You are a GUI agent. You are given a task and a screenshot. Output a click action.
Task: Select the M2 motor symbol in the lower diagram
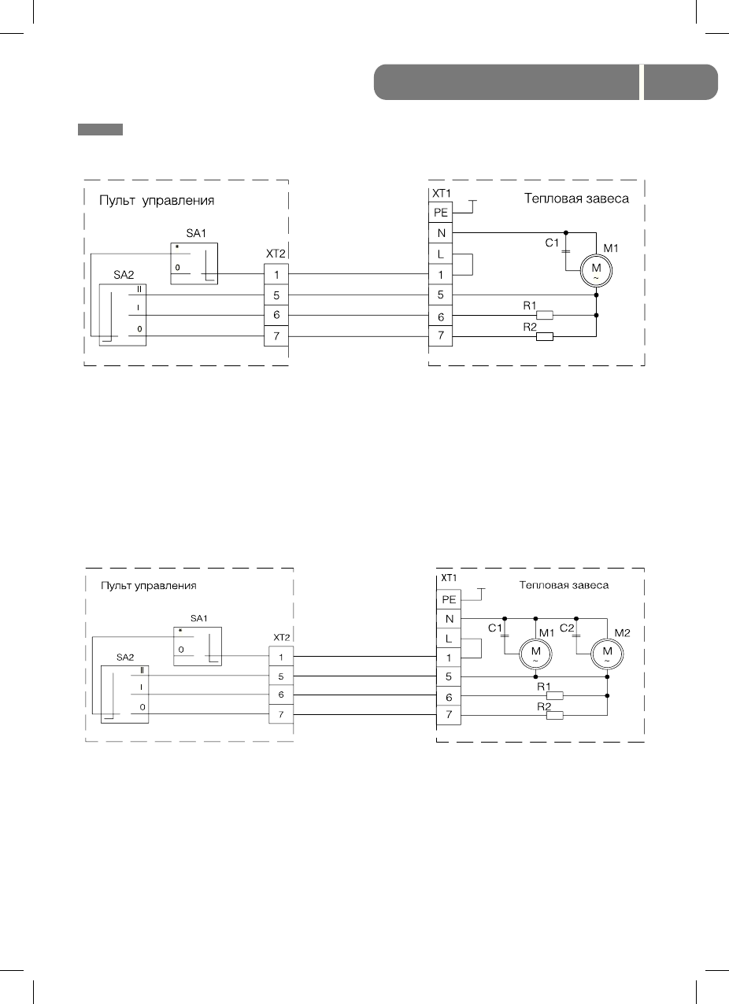coord(606,652)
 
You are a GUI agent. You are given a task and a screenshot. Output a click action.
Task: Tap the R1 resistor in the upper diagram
coord(544,316)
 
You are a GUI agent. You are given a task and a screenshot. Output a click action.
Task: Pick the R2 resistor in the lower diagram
coord(556,715)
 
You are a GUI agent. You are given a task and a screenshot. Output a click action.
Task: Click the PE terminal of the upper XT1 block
coord(441,213)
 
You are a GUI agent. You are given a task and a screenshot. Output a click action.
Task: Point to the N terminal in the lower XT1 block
coord(449,618)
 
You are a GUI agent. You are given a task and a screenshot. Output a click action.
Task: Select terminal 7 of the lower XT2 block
coord(281,715)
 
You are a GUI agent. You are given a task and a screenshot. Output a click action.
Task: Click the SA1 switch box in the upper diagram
coord(194,263)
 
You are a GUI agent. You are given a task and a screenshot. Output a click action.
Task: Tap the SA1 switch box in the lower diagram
coord(198,646)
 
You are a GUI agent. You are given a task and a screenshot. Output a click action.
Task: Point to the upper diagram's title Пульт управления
coord(157,201)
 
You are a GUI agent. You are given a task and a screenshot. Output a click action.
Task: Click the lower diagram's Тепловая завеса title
coord(564,585)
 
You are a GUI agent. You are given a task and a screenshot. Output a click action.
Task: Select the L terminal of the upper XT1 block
coord(441,254)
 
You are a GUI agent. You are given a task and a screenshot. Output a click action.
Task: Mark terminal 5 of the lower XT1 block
coord(449,677)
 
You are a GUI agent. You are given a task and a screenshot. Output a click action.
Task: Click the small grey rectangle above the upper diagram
coord(100,129)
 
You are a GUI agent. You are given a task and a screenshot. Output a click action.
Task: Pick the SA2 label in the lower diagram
coord(125,657)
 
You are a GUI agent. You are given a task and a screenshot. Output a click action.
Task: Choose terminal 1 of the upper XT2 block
coord(276,274)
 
